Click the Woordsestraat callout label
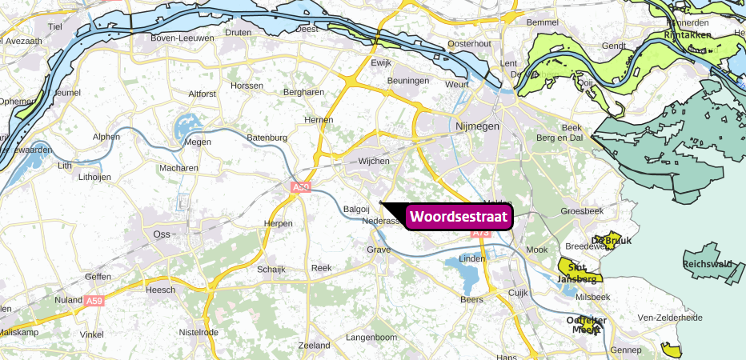pos(459,217)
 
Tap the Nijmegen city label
pos(477,126)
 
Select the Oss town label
pos(160,234)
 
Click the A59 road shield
pos(94,301)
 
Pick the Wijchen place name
pos(374,162)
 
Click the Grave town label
pos(379,250)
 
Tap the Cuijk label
pos(519,293)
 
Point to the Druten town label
pos(238,33)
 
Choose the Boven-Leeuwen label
pos(182,37)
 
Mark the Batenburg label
pos(267,138)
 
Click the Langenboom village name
pos(371,338)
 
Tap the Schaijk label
pos(271,269)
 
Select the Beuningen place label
pos(408,82)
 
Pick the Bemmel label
pos(543,23)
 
